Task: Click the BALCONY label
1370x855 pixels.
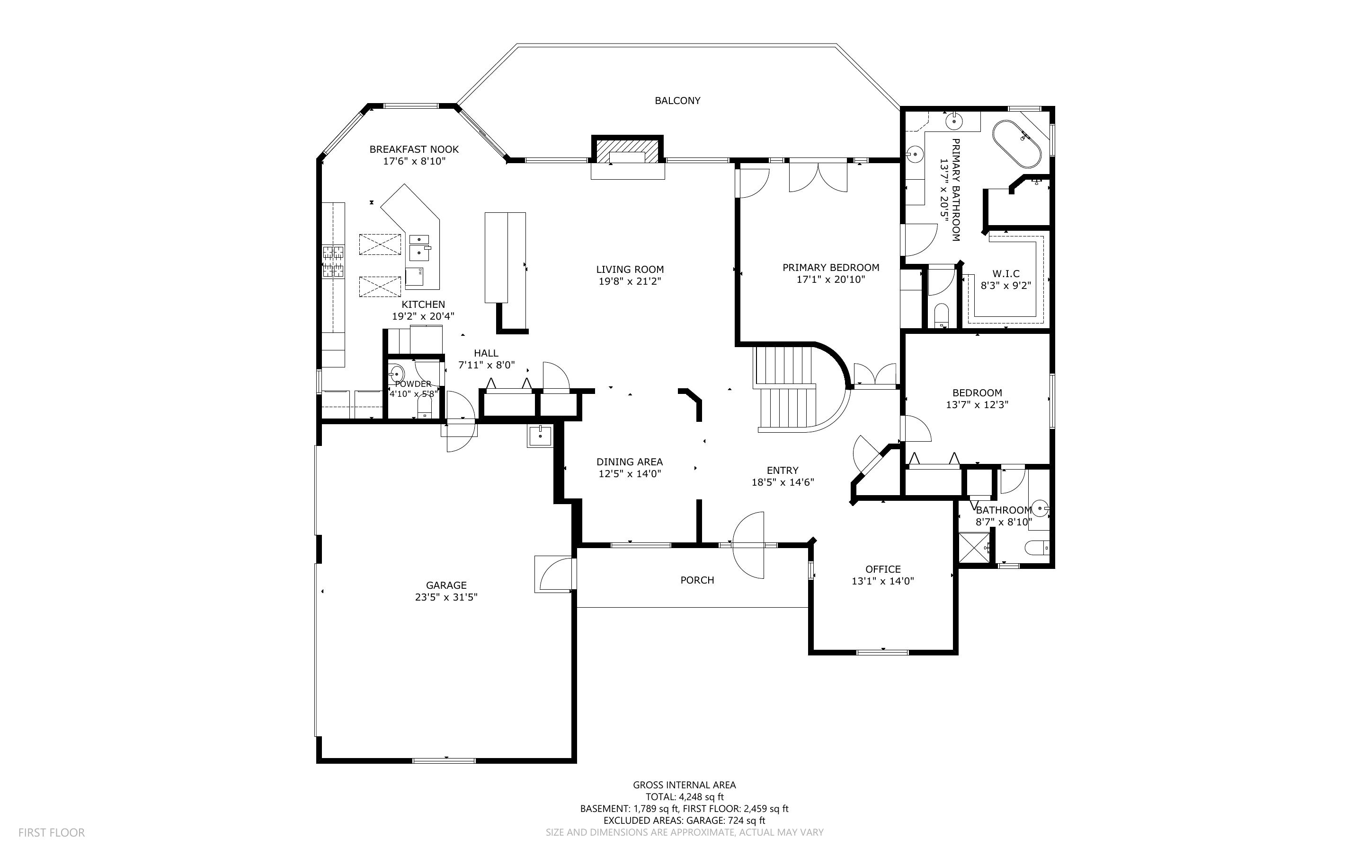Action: tap(677, 101)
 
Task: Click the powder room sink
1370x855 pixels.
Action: tap(397, 373)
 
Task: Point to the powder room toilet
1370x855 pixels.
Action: tap(425, 407)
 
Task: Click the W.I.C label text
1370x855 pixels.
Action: tap(1005, 274)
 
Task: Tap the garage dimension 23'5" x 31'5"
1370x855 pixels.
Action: tap(446, 597)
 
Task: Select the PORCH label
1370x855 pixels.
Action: tap(697, 580)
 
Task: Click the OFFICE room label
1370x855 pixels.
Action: tap(883, 569)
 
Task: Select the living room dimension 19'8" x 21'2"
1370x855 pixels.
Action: tap(630, 281)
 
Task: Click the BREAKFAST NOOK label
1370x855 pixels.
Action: tap(414, 149)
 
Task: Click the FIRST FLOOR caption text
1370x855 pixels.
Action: tap(52, 832)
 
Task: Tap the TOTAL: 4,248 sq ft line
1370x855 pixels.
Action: tap(684, 797)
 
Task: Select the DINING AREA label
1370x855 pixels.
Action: tap(629, 462)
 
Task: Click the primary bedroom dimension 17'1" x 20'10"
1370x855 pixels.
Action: tap(831, 279)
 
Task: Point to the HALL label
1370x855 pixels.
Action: tap(486, 353)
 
